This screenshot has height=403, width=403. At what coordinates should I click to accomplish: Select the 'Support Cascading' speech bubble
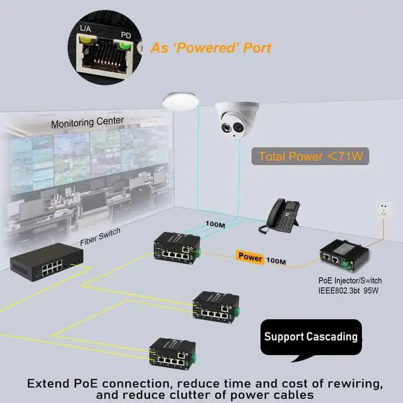coord(310,337)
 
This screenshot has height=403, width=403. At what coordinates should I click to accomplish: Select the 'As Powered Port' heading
coord(210,48)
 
